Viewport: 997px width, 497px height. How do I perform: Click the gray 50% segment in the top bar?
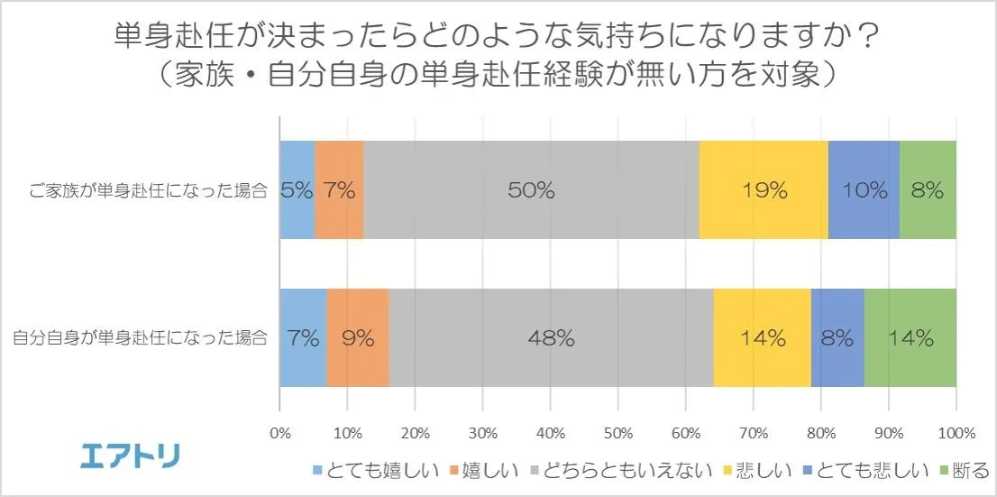pos(531,189)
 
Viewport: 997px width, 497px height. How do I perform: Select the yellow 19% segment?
pos(763,189)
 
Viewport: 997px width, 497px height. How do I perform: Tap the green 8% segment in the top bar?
pos(927,189)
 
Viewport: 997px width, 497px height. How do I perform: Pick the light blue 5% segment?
pos(297,189)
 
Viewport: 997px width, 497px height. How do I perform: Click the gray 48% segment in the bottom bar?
pos(551,338)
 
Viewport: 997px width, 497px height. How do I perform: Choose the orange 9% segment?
pos(357,338)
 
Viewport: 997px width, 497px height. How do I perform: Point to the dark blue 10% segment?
pos(864,189)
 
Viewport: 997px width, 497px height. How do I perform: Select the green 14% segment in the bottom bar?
pos(909,338)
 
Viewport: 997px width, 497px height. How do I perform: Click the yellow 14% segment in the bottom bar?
pos(762,338)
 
